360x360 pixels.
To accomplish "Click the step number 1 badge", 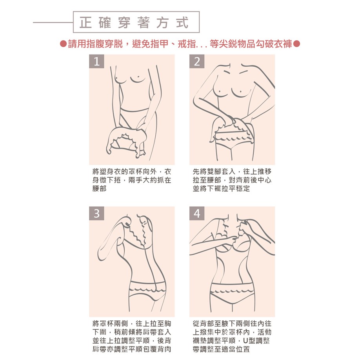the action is coord(96,61).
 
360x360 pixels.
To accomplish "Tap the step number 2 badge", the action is coord(197,61).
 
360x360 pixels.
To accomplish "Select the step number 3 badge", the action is coord(96,213).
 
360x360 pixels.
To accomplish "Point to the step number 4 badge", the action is coord(197,213).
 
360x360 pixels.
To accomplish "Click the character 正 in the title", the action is coord(85,22).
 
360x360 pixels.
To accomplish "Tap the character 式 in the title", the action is coord(182,22).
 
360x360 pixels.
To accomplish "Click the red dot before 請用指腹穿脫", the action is coord(63,44).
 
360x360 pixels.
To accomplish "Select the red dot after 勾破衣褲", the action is coord(296,44).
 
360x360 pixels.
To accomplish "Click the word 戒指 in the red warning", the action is coord(187,44).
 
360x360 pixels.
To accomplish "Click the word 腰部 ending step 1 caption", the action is coord(100,189).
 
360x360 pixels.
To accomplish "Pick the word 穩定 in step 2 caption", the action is coord(243,189).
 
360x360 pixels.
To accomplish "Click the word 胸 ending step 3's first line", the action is coord(167,324).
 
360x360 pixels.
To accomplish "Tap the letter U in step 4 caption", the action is coord(245,341).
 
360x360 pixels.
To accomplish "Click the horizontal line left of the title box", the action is coord(53,22).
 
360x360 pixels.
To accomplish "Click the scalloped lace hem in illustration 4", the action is coord(232,292).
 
